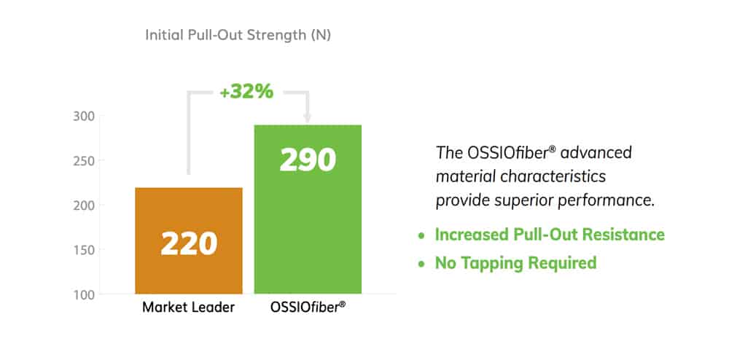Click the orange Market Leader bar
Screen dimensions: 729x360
pos(189,240)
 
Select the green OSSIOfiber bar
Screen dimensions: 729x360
pos(308,209)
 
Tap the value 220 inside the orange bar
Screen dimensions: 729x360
pos(190,243)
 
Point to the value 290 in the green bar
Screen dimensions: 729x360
pos(308,160)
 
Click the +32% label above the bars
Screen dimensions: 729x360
pos(246,92)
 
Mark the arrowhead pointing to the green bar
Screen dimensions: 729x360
pos(307,119)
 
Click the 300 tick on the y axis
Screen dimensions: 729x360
pos(84,116)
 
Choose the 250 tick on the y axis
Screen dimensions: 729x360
pos(84,161)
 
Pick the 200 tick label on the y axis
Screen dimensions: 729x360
pos(84,206)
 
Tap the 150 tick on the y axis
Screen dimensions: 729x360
pos(84,250)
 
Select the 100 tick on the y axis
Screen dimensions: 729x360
pos(84,294)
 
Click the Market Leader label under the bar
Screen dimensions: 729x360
pos(188,307)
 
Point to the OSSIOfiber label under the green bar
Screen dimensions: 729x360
pos(308,307)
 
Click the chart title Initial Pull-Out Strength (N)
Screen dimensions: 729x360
pos(238,35)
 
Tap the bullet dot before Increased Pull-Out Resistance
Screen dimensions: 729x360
pos(421,236)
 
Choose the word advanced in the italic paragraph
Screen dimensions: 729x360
pos(596,152)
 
